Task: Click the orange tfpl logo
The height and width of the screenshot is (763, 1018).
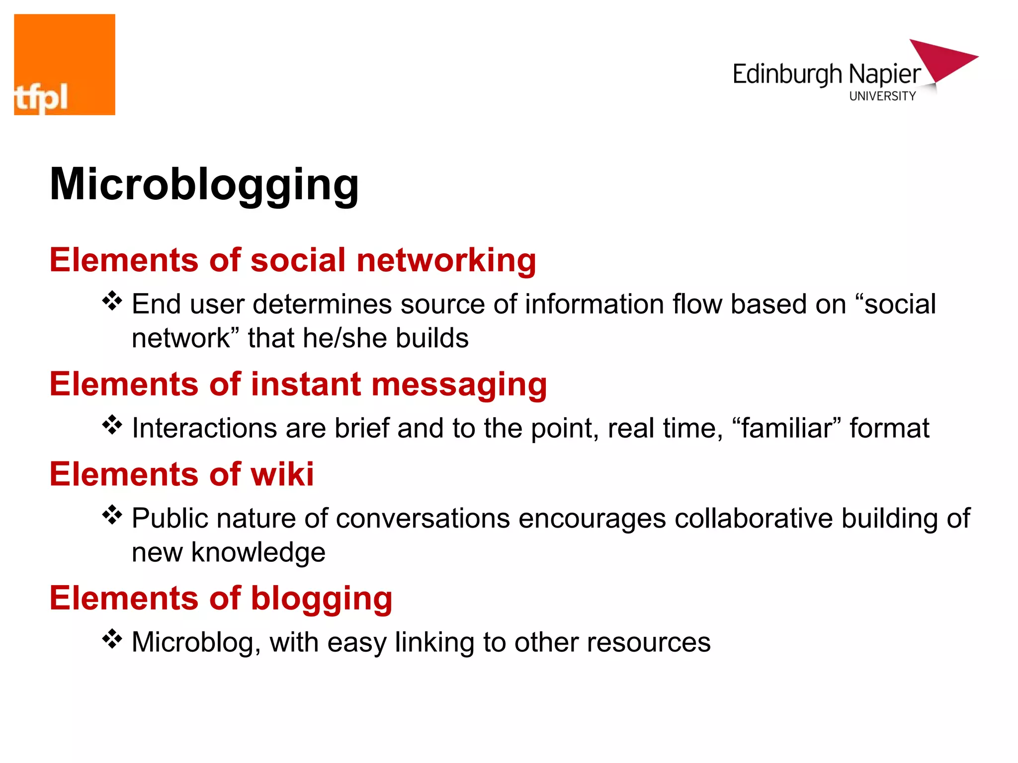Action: point(65,65)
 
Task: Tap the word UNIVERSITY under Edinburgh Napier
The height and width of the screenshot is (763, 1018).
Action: point(882,96)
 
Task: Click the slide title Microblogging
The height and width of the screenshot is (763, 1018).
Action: point(204,185)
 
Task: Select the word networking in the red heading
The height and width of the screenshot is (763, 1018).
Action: point(446,261)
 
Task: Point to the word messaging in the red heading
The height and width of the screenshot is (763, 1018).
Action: point(459,385)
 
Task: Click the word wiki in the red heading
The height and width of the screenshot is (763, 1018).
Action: point(282,474)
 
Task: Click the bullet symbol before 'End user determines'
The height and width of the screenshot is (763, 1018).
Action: point(112,302)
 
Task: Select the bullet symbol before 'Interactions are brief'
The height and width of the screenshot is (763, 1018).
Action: point(112,425)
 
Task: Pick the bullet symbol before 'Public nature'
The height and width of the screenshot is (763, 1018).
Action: point(112,515)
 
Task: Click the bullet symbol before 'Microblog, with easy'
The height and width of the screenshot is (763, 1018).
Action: point(112,639)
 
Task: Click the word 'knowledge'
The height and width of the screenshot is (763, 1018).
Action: point(258,553)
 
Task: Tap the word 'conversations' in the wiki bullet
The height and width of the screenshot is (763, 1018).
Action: point(423,519)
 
